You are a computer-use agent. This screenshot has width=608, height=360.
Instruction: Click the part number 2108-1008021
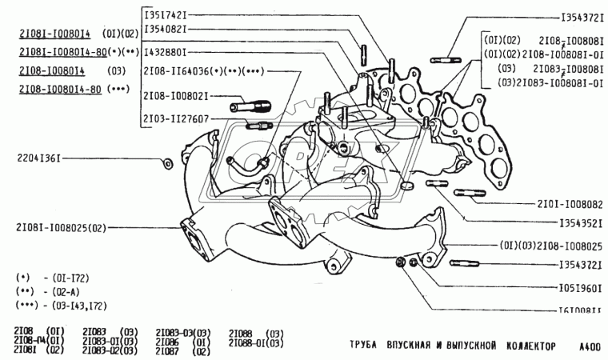click(x=175, y=96)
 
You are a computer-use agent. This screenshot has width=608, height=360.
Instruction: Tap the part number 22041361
click(x=37, y=158)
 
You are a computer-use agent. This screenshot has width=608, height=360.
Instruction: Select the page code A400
click(x=590, y=346)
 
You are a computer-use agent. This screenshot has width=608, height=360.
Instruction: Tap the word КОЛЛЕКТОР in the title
click(x=525, y=346)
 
